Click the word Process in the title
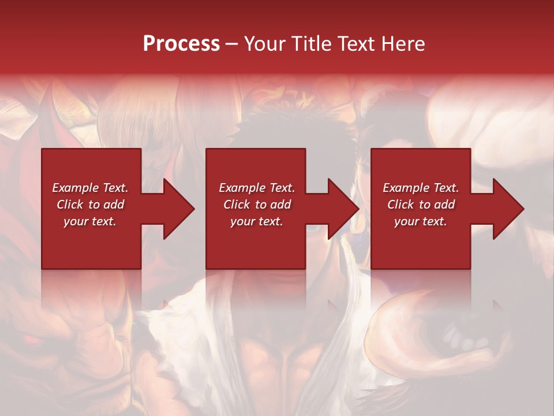181,44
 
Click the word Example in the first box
75,188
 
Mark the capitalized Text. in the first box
114,188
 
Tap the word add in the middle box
280,205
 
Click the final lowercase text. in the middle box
270,221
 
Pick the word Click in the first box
70,205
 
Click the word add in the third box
444,205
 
